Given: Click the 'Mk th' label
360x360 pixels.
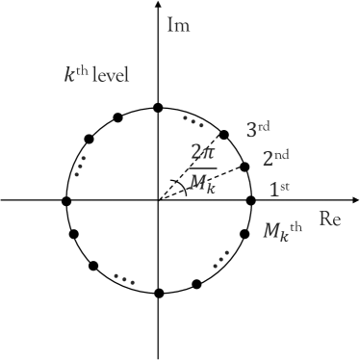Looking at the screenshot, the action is pyautogui.click(x=288, y=232).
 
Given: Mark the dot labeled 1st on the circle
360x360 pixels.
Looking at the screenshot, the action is pyautogui.click(x=251, y=200).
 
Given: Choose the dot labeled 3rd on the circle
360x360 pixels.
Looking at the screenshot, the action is pyautogui.click(x=224, y=135).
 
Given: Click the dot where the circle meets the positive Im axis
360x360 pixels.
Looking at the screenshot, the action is pyautogui.click(x=159, y=108).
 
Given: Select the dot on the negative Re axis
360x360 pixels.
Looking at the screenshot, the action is pyautogui.click(x=66, y=200).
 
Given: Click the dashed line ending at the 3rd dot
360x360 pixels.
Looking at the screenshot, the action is pyautogui.click(x=193, y=167).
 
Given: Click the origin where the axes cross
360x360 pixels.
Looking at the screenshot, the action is pyautogui.click(x=159, y=200).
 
